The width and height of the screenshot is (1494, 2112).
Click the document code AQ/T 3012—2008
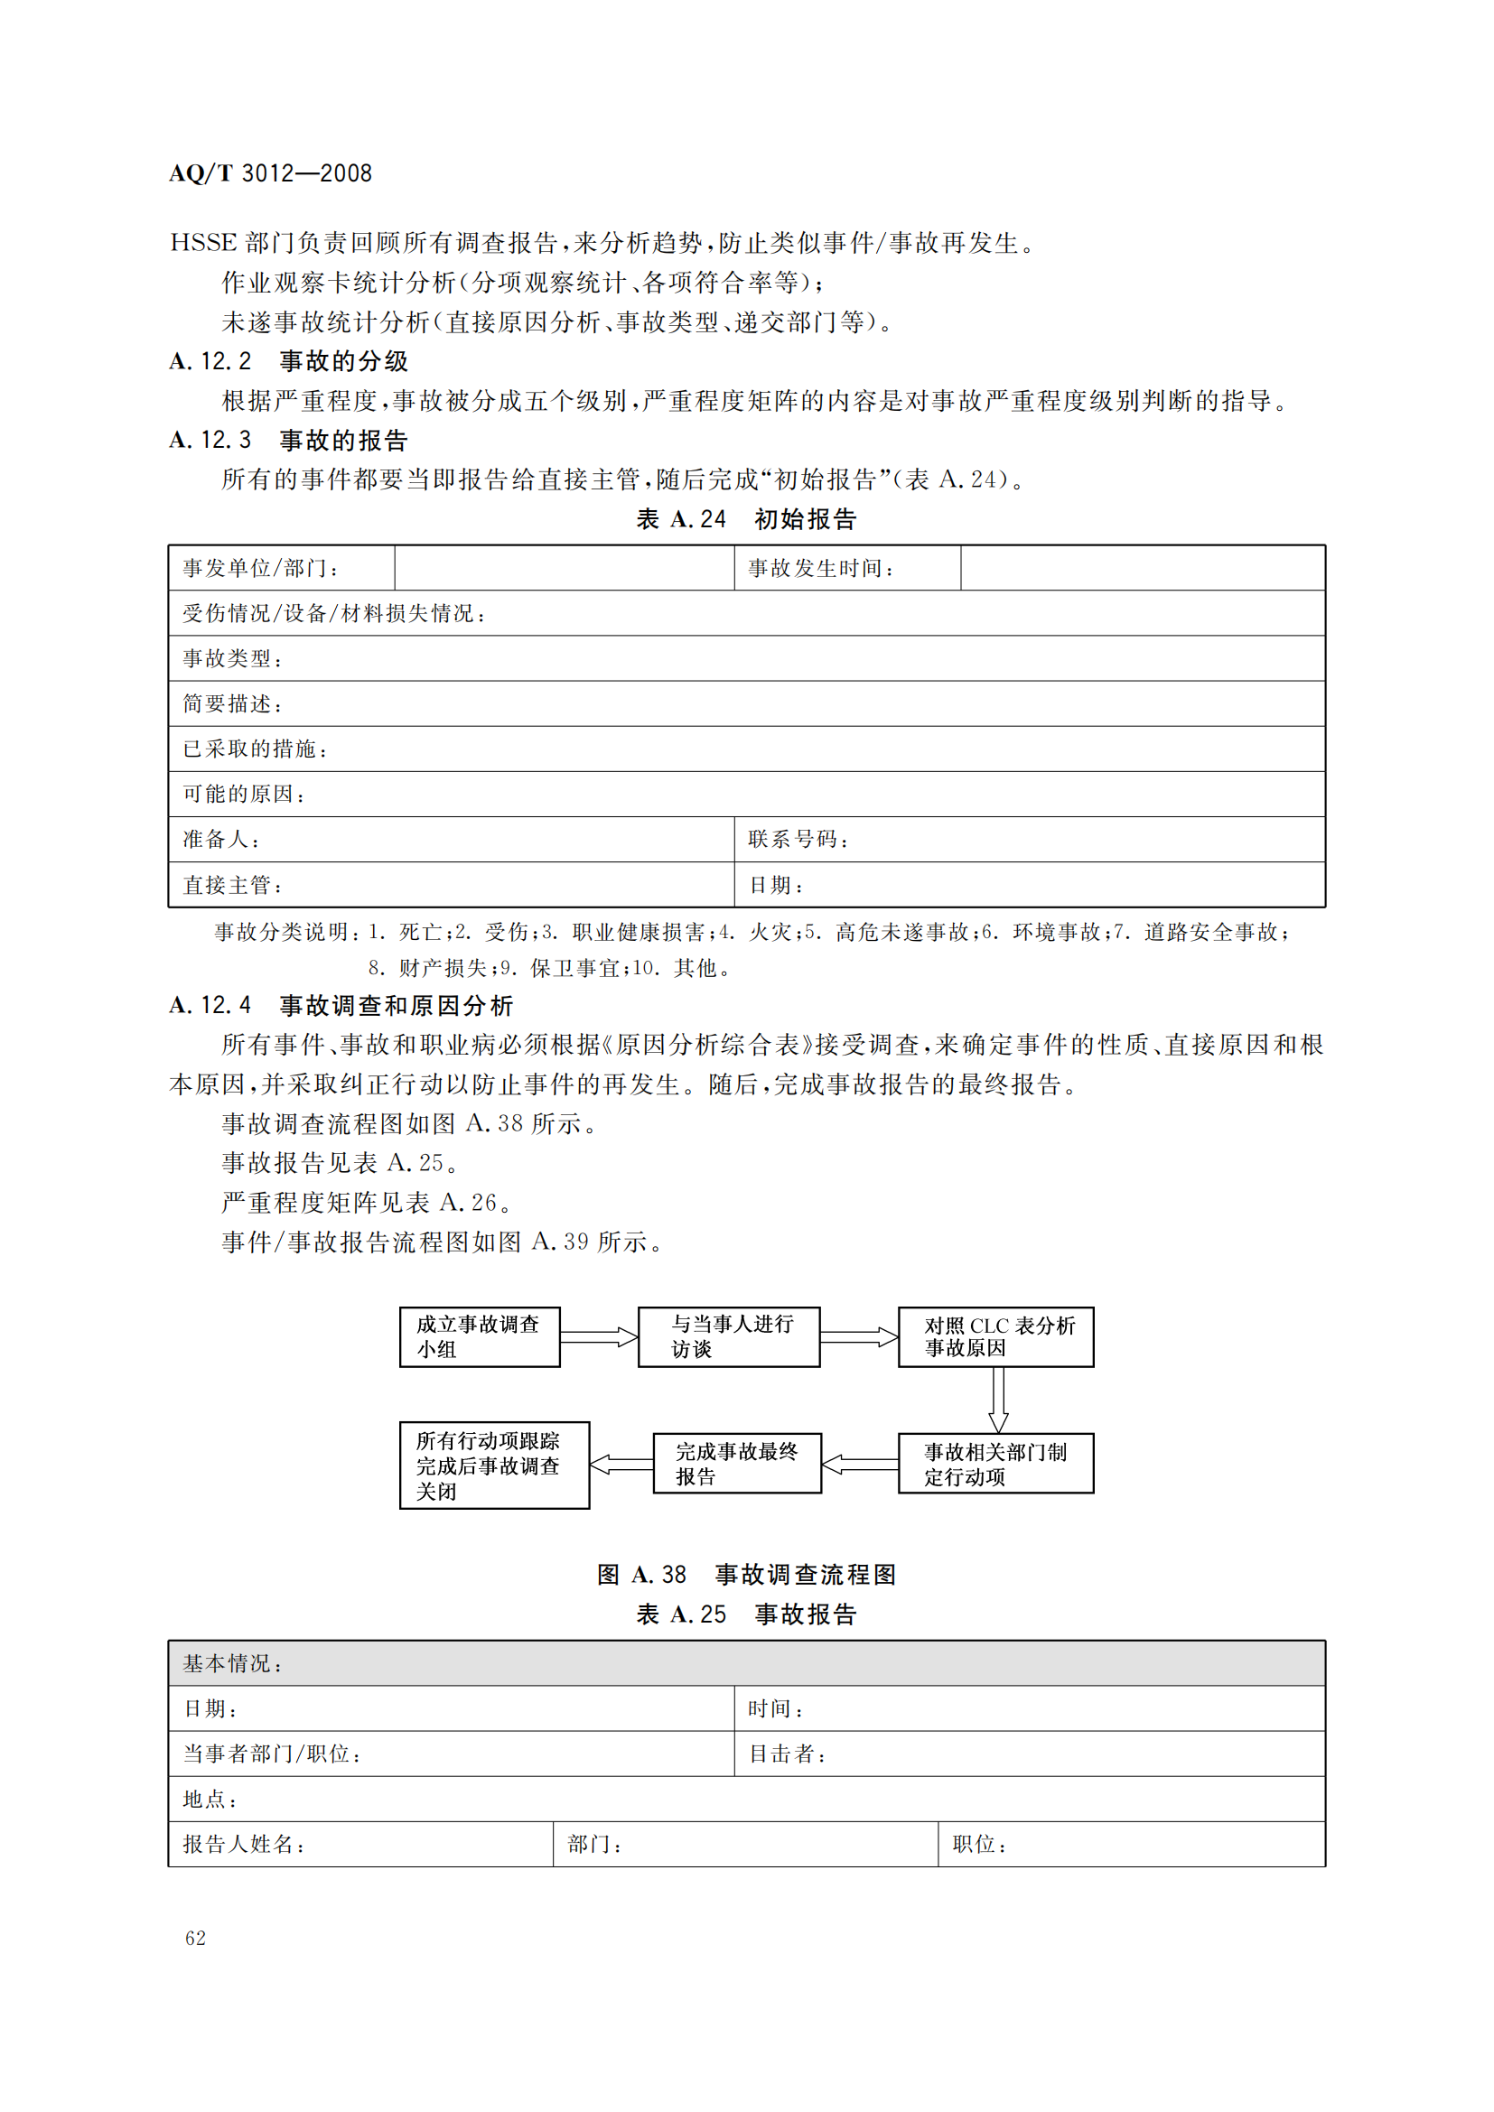(270, 173)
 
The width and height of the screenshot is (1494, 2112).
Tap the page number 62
(195, 1938)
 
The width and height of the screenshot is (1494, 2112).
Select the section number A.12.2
(210, 361)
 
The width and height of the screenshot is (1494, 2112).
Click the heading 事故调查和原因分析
(396, 1005)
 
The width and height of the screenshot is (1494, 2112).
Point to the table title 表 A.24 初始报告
(746, 520)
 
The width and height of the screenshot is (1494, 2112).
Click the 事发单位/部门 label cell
(260, 569)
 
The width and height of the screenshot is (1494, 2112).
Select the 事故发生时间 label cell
(820, 569)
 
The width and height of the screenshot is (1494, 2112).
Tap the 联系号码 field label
(798, 839)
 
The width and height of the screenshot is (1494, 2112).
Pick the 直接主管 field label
(232, 885)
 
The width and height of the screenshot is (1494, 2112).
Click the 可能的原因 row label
(244, 794)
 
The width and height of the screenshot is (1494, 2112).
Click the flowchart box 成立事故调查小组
(480, 1336)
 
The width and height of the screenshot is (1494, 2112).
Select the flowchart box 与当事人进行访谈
(729, 1336)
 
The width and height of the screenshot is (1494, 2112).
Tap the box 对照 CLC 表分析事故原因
(995, 1336)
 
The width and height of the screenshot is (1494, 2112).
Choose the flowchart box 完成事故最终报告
(737, 1463)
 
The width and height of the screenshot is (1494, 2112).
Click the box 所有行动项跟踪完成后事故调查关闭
(494, 1465)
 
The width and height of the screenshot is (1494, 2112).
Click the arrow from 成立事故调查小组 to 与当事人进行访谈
(599, 1336)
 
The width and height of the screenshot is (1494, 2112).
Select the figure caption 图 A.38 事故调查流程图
(746, 1575)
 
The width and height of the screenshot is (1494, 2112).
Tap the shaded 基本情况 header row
(746, 1663)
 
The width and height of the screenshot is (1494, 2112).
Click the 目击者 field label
(788, 1754)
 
